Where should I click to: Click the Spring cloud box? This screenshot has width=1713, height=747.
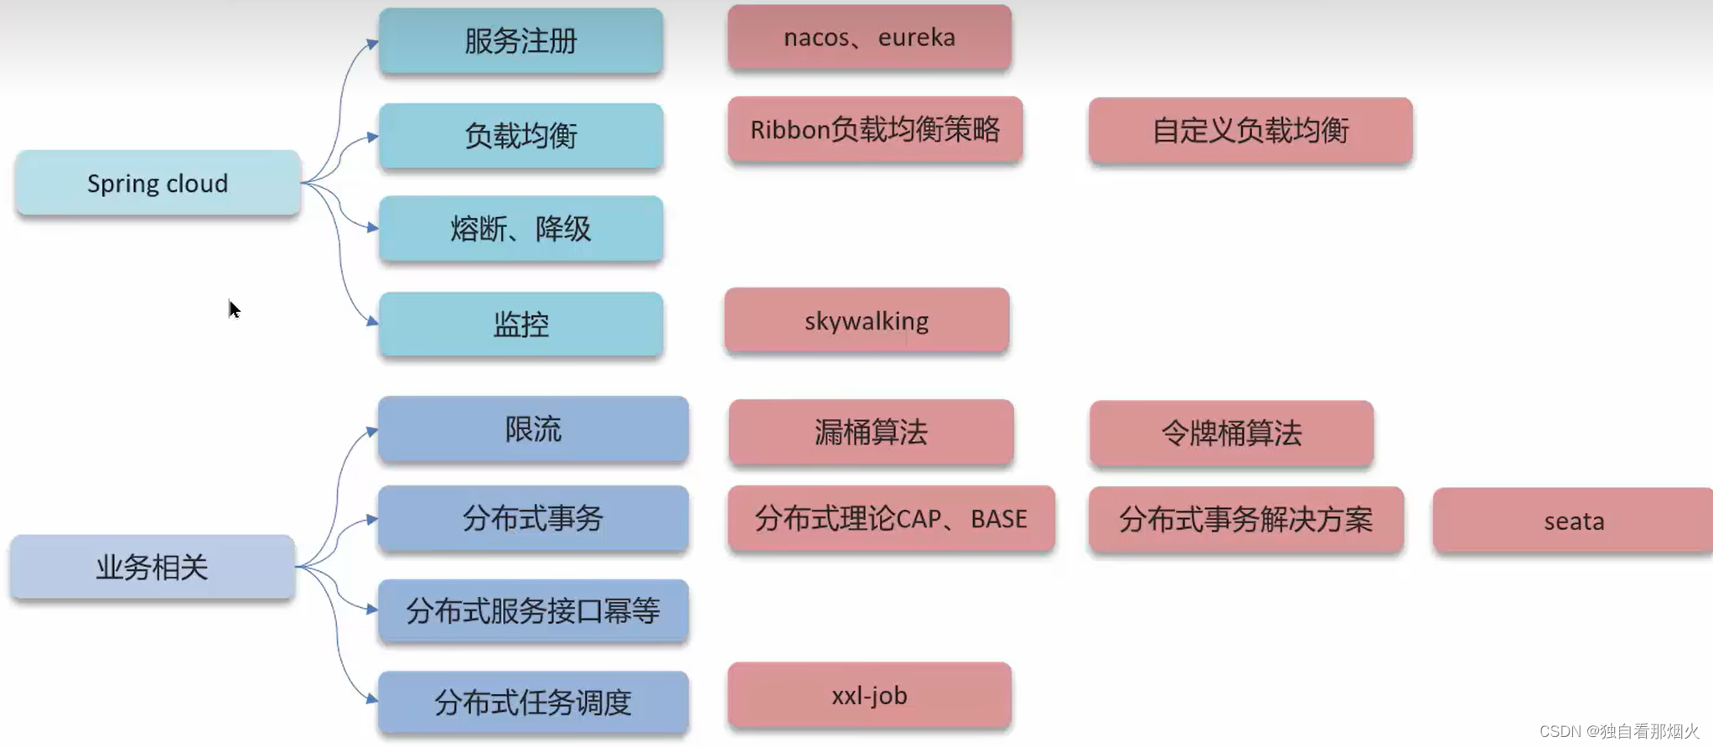point(158,183)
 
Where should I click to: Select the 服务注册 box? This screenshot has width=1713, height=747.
point(520,40)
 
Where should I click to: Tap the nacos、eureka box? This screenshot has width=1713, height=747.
point(869,38)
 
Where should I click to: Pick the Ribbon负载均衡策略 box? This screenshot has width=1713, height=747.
point(875,130)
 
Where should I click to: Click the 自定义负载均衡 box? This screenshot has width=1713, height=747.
point(1250,131)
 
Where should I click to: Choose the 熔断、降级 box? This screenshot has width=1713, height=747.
point(520,228)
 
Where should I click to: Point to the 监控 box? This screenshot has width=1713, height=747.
point(520,324)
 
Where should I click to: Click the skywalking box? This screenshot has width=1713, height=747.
point(867,320)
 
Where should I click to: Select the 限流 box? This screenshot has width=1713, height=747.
point(533,429)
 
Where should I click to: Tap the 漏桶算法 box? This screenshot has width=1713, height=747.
point(871,433)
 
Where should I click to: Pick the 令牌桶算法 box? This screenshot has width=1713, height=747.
point(1231,433)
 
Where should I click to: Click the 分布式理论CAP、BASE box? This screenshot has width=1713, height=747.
point(891,519)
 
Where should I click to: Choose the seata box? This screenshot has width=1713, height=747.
point(1573,521)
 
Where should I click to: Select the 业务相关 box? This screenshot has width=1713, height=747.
point(152,568)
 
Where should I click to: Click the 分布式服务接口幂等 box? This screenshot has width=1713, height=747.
point(533,610)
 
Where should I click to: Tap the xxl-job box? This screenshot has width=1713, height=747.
point(869,696)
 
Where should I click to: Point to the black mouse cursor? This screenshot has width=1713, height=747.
point(234,309)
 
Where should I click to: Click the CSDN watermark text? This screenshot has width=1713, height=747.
point(1618,731)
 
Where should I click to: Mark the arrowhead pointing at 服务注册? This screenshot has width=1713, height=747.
point(372,42)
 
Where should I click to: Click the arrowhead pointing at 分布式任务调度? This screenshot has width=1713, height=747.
point(371,698)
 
